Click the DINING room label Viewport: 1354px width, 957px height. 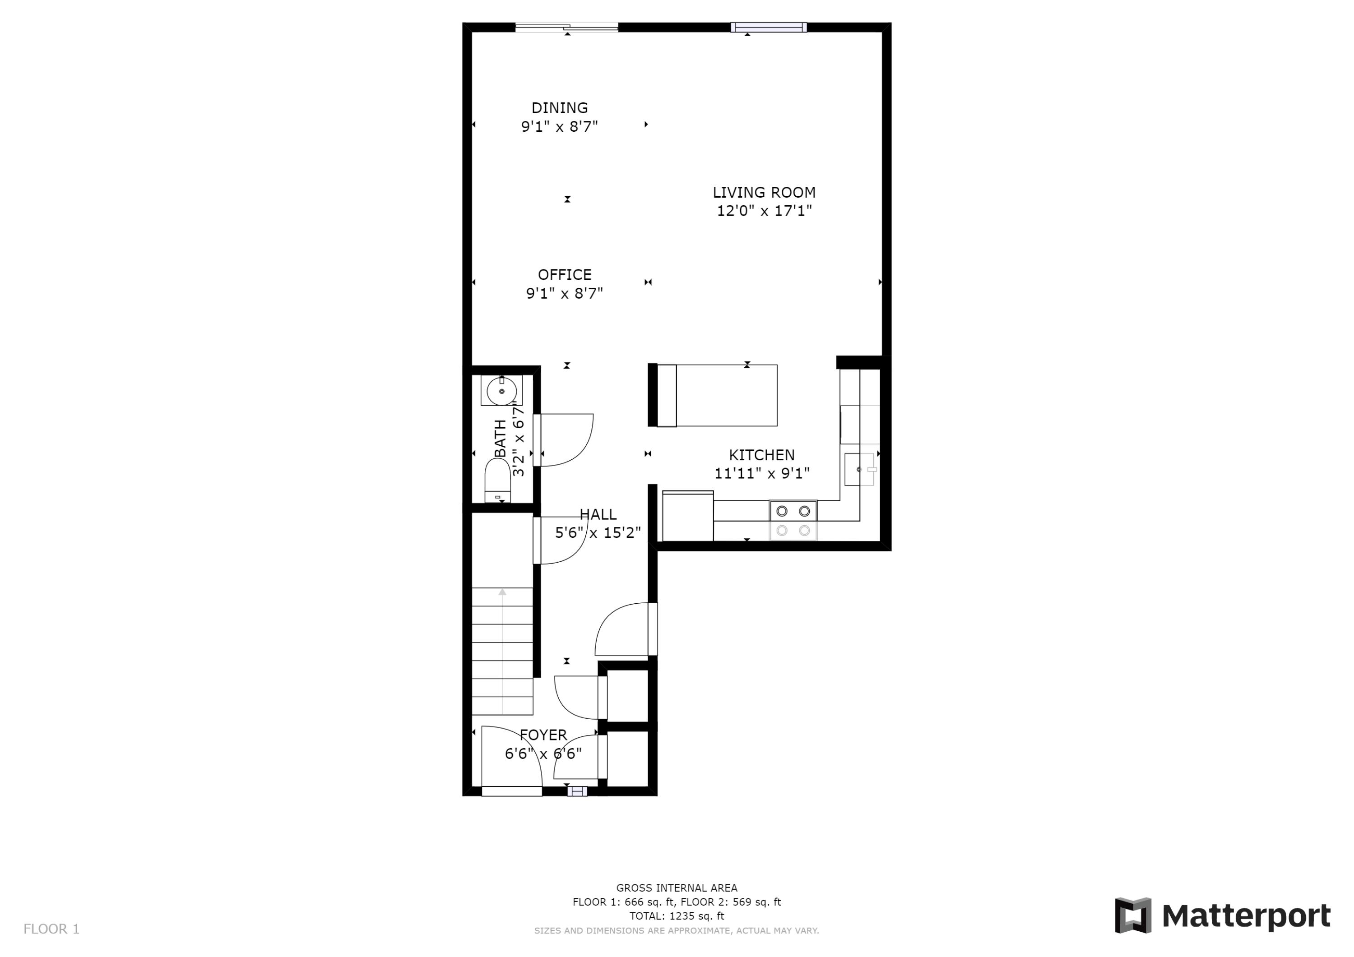pos(559,108)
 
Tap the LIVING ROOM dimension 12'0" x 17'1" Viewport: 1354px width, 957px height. pos(764,211)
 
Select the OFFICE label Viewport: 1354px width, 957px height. pos(564,275)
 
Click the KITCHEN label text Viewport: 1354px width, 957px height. pos(761,455)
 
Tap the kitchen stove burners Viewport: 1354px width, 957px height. pos(793,520)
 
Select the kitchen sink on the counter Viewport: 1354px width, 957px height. pos(858,469)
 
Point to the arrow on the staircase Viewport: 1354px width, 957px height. pos(502,592)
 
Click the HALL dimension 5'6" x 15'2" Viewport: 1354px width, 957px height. pos(598,533)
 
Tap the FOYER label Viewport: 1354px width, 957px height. pos(543,735)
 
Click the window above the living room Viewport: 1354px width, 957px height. pos(769,27)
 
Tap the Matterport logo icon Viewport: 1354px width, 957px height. pos(1132,916)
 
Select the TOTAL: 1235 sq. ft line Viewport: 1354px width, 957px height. pos(677,916)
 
